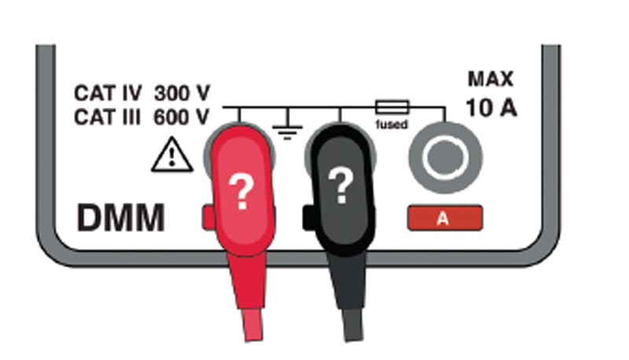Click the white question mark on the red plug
(241, 193)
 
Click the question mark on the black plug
(341, 186)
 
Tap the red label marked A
(445, 218)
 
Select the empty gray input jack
(445, 157)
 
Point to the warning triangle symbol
(172, 155)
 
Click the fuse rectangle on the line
(392, 108)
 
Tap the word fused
(392, 125)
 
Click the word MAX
(491, 79)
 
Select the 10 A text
(491, 108)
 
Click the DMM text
(121, 218)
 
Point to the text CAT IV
(108, 94)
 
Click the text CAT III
(107, 117)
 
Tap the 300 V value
(182, 94)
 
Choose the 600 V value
(182, 117)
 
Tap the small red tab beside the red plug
(208, 217)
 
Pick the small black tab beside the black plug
(308, 218)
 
